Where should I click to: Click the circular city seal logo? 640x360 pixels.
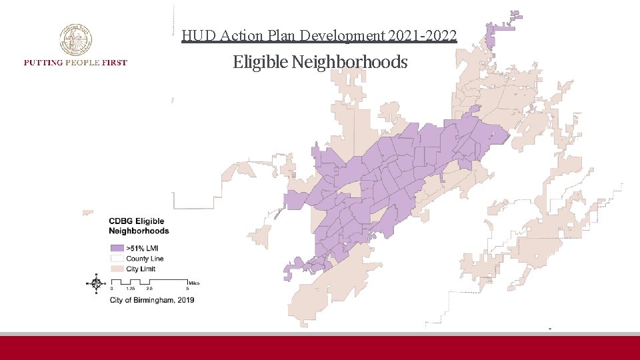75,40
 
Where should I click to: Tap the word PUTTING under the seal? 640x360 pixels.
42,63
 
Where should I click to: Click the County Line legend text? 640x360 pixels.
145,258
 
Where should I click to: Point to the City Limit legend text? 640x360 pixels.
141,268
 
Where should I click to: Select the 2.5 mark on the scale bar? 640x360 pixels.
150,289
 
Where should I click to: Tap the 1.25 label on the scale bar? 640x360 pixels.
131,289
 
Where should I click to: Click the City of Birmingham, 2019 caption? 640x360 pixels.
152,300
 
